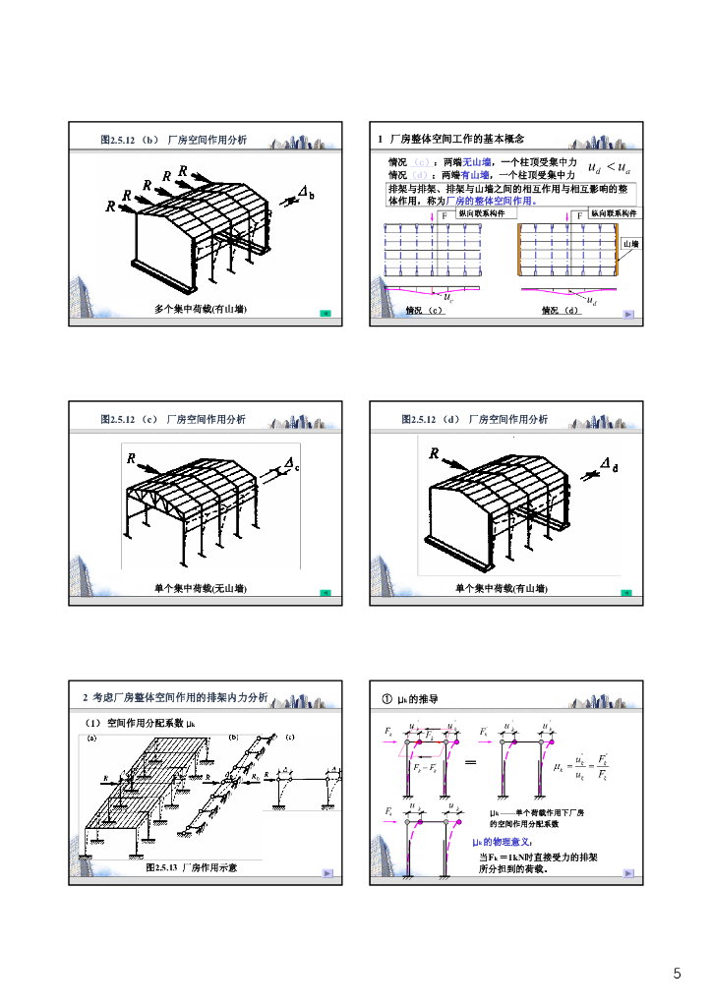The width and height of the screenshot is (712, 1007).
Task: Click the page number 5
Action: (677, 974)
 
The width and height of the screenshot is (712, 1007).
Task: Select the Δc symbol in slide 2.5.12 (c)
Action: (292, 463)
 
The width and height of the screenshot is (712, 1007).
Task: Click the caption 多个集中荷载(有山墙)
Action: (200, 309)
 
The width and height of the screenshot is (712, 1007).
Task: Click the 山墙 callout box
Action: (629, 243)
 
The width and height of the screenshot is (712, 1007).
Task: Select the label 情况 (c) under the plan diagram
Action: (424, 310)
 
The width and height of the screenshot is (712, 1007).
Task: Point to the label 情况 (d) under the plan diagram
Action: (561, 310)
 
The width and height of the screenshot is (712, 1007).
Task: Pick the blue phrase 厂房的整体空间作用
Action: (491, 200)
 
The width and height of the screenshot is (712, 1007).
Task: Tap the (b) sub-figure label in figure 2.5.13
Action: (234, 736)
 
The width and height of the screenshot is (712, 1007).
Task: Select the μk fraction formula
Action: (579, 765)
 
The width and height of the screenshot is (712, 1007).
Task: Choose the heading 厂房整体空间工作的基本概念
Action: (457, 139)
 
